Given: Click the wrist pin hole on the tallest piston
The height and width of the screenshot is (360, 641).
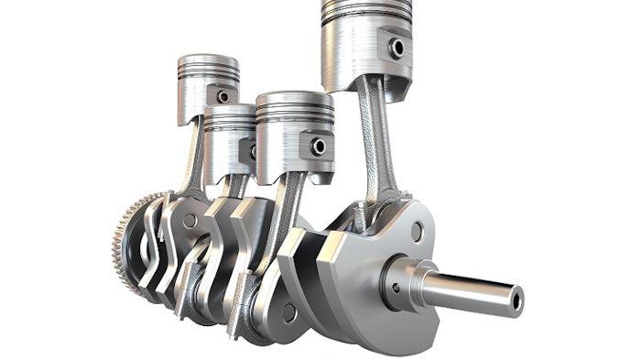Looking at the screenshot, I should click(x=397, y=48).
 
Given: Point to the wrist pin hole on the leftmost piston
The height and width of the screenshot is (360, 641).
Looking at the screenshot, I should click(x=223, y=95).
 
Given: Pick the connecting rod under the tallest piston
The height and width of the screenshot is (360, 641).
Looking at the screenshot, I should click(x=375, y=137).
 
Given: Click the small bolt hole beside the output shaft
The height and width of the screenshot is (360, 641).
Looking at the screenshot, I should click(x=397, y=286).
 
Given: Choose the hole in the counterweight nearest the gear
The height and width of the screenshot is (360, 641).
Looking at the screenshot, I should click(x=190, y=221).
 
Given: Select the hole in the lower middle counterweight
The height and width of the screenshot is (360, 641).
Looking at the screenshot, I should click(x=288, y=312).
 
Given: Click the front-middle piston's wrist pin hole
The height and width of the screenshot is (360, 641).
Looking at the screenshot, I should click(x=319, y=147).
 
